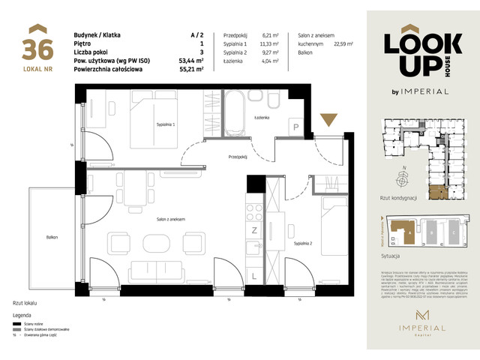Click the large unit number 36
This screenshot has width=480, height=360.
point(37,49)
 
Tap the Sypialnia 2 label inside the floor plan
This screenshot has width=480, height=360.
point(303,243)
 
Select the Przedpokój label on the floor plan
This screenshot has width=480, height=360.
point(239,156)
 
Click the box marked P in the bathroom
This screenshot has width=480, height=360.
point(296,129)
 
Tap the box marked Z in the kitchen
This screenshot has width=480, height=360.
point(255,229)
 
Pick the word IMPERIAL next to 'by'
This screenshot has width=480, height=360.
point(427,91)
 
